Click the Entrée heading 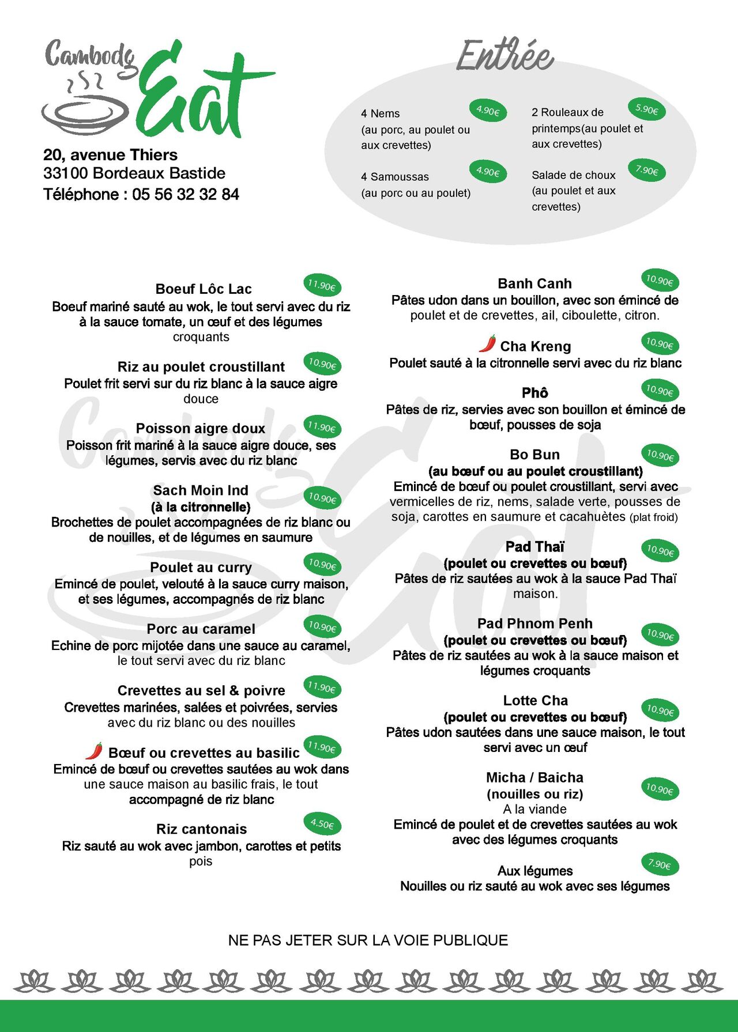pyautogui.click(x=505, y=56)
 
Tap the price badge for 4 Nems pyautogui.click(x=488, y=110)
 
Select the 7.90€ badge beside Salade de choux pyautogui.click(x=646, y=171)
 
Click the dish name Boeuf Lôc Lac pyautogui.click(x=204, y=289)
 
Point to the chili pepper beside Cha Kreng pyautogui.click(x=488, y=343)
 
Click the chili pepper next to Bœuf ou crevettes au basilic pyautogui.click(x=95, y=751)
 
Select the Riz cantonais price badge pyautogui.click(x=322, y=824)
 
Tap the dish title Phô pyautogui.click(x=534, y=393)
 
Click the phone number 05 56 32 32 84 pyautogui.click(x=186, y=194)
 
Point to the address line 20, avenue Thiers pyautogui.click(x=110, y=154)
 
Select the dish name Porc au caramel pyautogui.click(x=201, y=629)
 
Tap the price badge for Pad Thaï pyautogui.click(x=660, y=550)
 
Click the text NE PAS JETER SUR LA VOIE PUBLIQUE pyautogui.click(x=368, y=940)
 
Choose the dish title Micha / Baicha pyautogui.click(x=534, y=777)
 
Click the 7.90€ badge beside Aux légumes pyautogui.click(x=660, y=864)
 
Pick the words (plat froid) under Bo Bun pyautogui.click(x=653, y=517)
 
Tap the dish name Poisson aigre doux pyautogui.click(x=201, y=428)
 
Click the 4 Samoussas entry pyautogui.click(x=395, y=177)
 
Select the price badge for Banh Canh pyautogui.click(x=660, y=281)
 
